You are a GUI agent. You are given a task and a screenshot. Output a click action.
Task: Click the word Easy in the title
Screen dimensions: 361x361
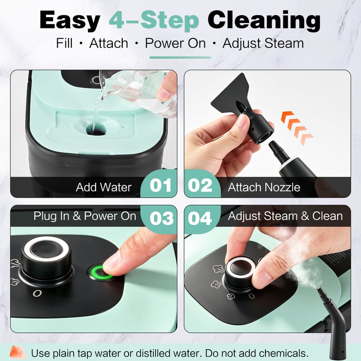click(70, 20)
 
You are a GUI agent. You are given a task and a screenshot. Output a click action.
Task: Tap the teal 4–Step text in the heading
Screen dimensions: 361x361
click(154, 20)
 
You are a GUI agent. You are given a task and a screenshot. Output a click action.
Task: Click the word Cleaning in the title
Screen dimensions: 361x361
click(264, 20)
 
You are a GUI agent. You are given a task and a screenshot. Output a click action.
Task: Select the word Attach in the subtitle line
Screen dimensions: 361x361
click(109, 43)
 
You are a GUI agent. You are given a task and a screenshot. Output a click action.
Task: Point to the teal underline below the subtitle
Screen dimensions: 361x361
click(180, 58)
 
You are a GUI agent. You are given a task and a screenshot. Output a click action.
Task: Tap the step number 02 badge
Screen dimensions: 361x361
click(200, 185)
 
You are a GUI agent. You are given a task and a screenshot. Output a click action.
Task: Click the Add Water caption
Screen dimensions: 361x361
click(104, 187)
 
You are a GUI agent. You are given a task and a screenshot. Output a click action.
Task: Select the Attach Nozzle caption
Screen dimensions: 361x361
click(264, 187)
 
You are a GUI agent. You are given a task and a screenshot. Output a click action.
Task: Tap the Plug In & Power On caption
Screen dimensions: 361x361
click(85, 216)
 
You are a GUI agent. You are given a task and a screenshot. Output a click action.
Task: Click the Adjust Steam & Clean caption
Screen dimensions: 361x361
click(285, 216)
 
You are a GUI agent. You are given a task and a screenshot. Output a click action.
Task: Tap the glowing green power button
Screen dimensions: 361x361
click(100, 273)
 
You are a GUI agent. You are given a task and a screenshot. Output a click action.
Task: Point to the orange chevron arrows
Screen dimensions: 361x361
click(297, 128)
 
